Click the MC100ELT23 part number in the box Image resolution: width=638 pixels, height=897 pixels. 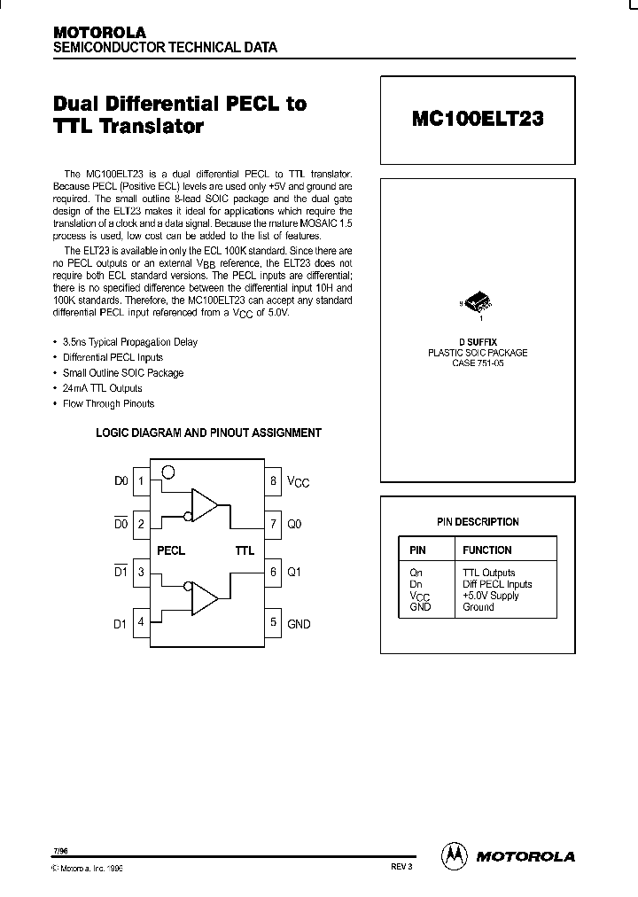point(478,120)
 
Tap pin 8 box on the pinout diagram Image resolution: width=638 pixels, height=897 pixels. point(274,481)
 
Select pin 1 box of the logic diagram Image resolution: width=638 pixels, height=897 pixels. point(142,481)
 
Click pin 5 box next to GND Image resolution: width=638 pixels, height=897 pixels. point(274,623)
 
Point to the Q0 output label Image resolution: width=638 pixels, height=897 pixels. point(294,524)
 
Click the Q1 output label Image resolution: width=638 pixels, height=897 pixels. point(294,572)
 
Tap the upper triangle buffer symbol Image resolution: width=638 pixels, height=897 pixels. point(205,506)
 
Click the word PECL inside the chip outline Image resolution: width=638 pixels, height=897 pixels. point(171,550)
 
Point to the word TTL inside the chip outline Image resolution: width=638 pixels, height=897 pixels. point(245,550)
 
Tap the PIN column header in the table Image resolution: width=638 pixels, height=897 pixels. point(417,550)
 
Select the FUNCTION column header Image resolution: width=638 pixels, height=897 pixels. point(486,550)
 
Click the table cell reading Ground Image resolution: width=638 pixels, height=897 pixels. point(478,607)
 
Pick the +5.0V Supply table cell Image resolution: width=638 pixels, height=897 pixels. point(491,596)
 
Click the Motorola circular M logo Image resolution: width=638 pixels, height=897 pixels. point(454,855)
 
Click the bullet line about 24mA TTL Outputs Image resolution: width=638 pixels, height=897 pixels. point(102,388)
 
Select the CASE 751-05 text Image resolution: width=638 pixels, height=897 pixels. point(478,363)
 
